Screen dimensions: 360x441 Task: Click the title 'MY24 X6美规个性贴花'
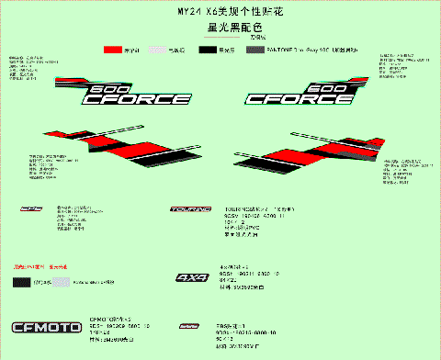point(221,12)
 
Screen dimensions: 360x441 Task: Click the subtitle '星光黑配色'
point(221,28)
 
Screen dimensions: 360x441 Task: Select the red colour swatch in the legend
point(114,49)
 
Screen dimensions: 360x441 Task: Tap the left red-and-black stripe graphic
point(105,145)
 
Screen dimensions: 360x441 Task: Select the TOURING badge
point(191,210)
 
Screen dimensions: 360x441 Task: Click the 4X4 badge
point(192,276)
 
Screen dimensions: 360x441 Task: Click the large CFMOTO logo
point(46,327)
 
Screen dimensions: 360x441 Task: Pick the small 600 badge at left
point(31,209)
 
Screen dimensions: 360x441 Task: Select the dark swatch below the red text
point(17,281)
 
